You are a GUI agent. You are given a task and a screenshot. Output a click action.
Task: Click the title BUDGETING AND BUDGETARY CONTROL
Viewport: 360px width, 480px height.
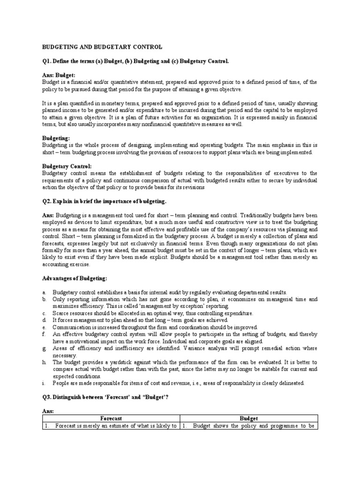[x=102, y=47]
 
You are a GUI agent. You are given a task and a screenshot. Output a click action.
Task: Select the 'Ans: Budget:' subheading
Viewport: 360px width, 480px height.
[x=59, y=75]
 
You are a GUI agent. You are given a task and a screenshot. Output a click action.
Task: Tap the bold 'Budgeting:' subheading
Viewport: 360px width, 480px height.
[x=56, y=138]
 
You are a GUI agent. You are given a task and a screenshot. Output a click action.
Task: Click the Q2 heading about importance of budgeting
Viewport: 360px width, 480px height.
[x=104, y=202]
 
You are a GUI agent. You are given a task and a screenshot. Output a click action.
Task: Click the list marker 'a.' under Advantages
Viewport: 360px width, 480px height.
[x=44, y=292]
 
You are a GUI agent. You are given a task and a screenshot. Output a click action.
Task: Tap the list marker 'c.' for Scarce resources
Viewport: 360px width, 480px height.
[x=44, y=313]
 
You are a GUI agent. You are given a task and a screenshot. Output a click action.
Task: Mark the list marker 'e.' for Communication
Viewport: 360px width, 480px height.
[x=44, y=327]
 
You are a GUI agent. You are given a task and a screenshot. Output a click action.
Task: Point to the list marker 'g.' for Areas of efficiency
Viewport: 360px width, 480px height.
[x=44, y=348]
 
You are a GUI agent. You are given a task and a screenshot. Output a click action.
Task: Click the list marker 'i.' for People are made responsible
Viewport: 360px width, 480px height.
[x=44, y=383]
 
